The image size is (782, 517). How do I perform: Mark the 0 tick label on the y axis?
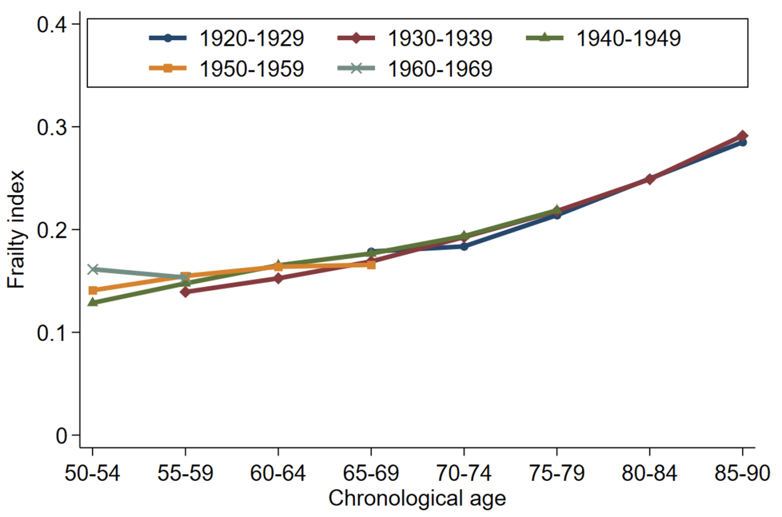61,435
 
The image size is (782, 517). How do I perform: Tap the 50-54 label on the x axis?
92,473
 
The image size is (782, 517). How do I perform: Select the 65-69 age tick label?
371,473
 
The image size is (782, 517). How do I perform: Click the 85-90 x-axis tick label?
742,473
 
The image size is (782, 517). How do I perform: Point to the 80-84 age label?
649,473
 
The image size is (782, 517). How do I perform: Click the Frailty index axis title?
16,229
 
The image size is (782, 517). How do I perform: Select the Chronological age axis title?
417,499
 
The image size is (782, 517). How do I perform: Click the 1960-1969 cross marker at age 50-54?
93,270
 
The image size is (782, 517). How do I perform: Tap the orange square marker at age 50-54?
93,290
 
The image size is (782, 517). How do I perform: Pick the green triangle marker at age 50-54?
93,302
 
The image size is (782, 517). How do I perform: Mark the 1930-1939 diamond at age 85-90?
742,136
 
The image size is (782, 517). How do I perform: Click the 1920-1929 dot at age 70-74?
464,246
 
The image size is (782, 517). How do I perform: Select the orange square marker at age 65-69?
371,265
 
